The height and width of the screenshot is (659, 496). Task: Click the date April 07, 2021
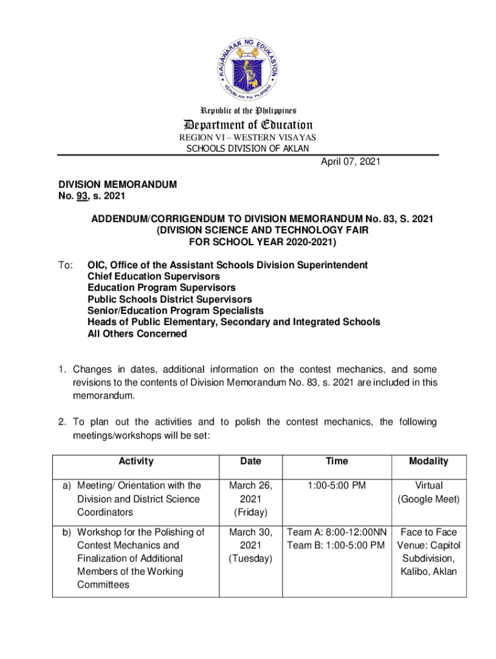pos(350,162)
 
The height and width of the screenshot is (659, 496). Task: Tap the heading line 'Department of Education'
pos(248,125)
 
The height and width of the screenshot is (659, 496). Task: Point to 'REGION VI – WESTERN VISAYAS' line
pos(248,138)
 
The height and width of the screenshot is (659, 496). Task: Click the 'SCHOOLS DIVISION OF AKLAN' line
pos(248,149)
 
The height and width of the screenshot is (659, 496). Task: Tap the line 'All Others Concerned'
pos(137,334)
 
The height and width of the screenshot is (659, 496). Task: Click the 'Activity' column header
pos(136,461)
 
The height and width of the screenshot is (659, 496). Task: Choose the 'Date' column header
pos(251,461)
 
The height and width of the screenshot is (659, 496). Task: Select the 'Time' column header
pos(336,461)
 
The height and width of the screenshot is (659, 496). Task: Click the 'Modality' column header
pos(428,461)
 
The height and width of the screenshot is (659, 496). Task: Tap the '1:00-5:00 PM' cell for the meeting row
pos(336,485)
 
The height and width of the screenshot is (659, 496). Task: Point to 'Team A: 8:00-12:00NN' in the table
pos(336,532)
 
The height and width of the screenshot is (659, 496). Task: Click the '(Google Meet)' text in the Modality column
pos(428,499)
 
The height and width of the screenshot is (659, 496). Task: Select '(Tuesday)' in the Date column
pos(251,559)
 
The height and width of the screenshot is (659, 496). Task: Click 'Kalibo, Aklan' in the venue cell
pos(428,571)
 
